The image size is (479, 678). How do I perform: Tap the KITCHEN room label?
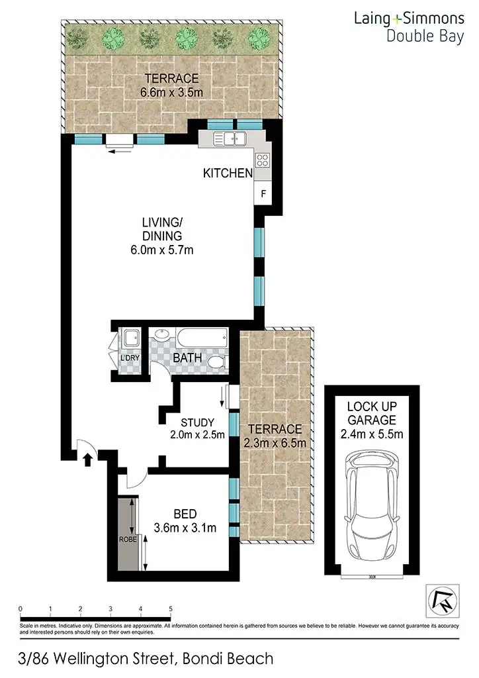[228, 173]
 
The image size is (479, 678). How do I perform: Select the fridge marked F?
[263, 194]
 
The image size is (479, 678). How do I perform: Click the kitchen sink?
[232, 138]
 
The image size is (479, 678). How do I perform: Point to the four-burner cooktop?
[262, 160]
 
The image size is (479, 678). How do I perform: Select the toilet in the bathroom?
[216, 363]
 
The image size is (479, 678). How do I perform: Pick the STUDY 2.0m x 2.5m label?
[196, 428]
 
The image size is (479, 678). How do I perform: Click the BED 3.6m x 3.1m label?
[185, 520]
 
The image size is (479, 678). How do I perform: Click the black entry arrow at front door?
[87, 459]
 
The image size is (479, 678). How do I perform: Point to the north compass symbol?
[440, 601]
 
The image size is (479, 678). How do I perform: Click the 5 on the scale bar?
[171, 608]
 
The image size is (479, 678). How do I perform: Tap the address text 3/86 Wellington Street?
[146, 658]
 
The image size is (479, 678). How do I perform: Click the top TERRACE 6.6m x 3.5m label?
[171, 85]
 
